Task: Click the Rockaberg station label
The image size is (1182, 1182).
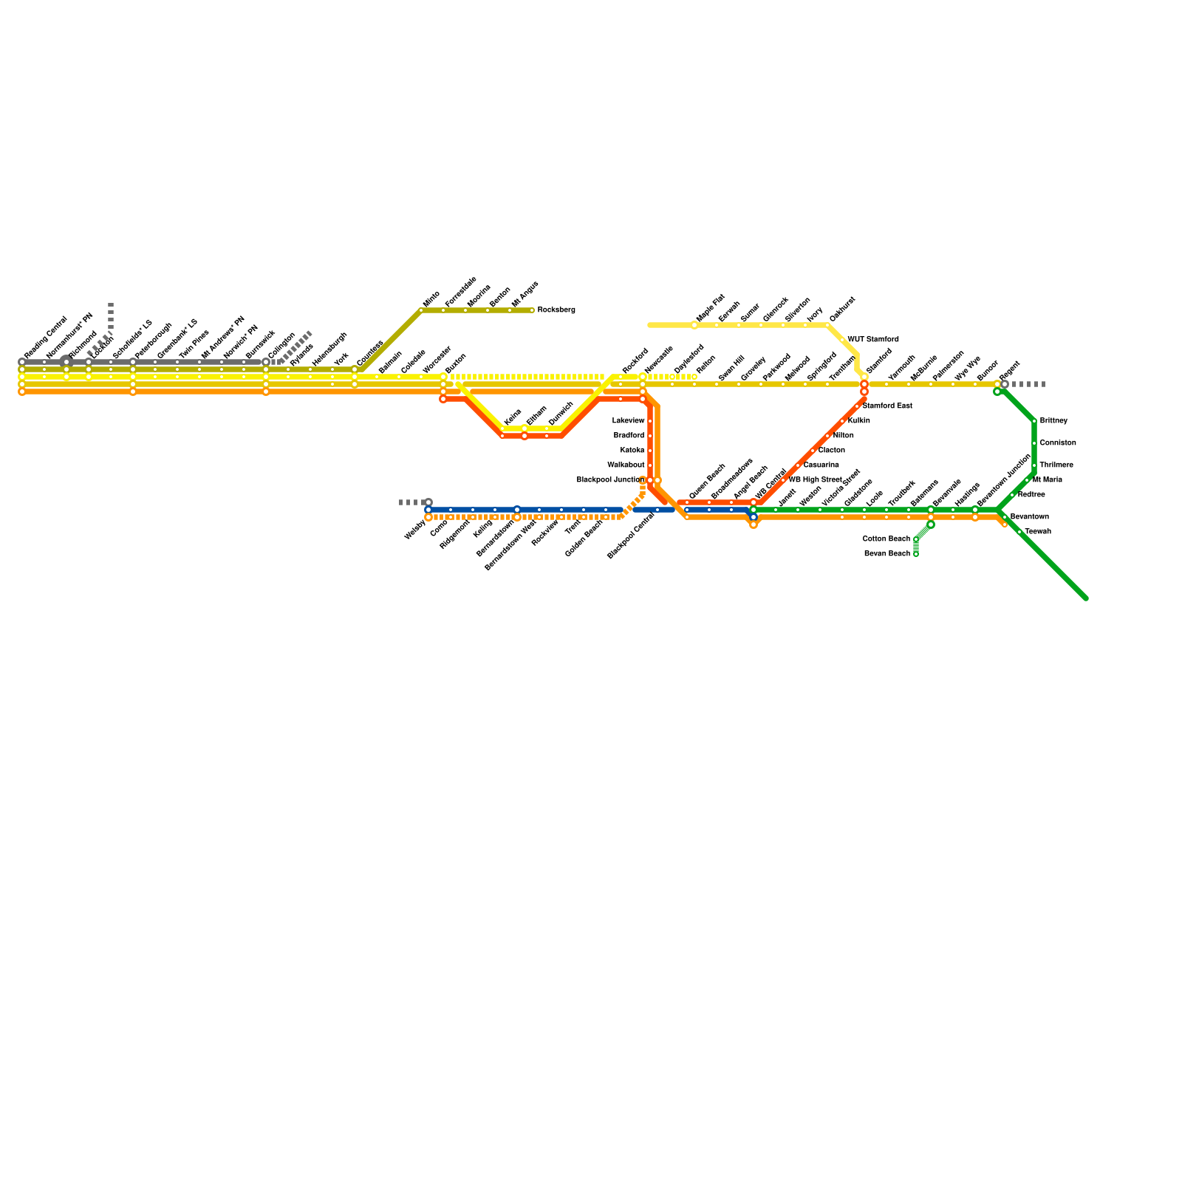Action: click(x=556, y=310)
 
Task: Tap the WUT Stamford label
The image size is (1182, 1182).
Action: click(x=872, y=340)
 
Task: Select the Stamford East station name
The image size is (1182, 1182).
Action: click(x=886, y=406)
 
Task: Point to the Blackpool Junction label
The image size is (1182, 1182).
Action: click(x=610, y=480)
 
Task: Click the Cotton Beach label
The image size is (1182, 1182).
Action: click(x=886, y=539)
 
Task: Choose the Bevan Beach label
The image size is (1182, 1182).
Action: click(x=886, y=554)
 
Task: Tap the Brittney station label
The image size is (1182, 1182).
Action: click(x=1053, y=421)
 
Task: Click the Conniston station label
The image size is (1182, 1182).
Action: click(x=1057, y=443)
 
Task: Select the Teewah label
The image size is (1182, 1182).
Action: click(x=1037, y=532)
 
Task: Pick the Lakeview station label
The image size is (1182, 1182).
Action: click(x=628, y=421)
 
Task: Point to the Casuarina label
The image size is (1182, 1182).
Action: click(x=821, y=465)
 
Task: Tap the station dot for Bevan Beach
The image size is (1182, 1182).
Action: click(x=916, y=554)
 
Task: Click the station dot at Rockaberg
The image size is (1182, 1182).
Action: click(x=532, y=310)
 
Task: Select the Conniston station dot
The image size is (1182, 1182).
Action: click(x=1034, y=443)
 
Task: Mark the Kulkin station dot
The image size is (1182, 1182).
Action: click(x=842, y=421)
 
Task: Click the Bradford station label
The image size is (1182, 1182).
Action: click(x=629, y=436)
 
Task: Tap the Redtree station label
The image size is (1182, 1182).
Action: click(x=1031, y=495)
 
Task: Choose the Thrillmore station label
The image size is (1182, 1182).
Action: click(x=1056, y=465)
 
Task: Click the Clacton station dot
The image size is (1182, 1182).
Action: click(x=813, y=451)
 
